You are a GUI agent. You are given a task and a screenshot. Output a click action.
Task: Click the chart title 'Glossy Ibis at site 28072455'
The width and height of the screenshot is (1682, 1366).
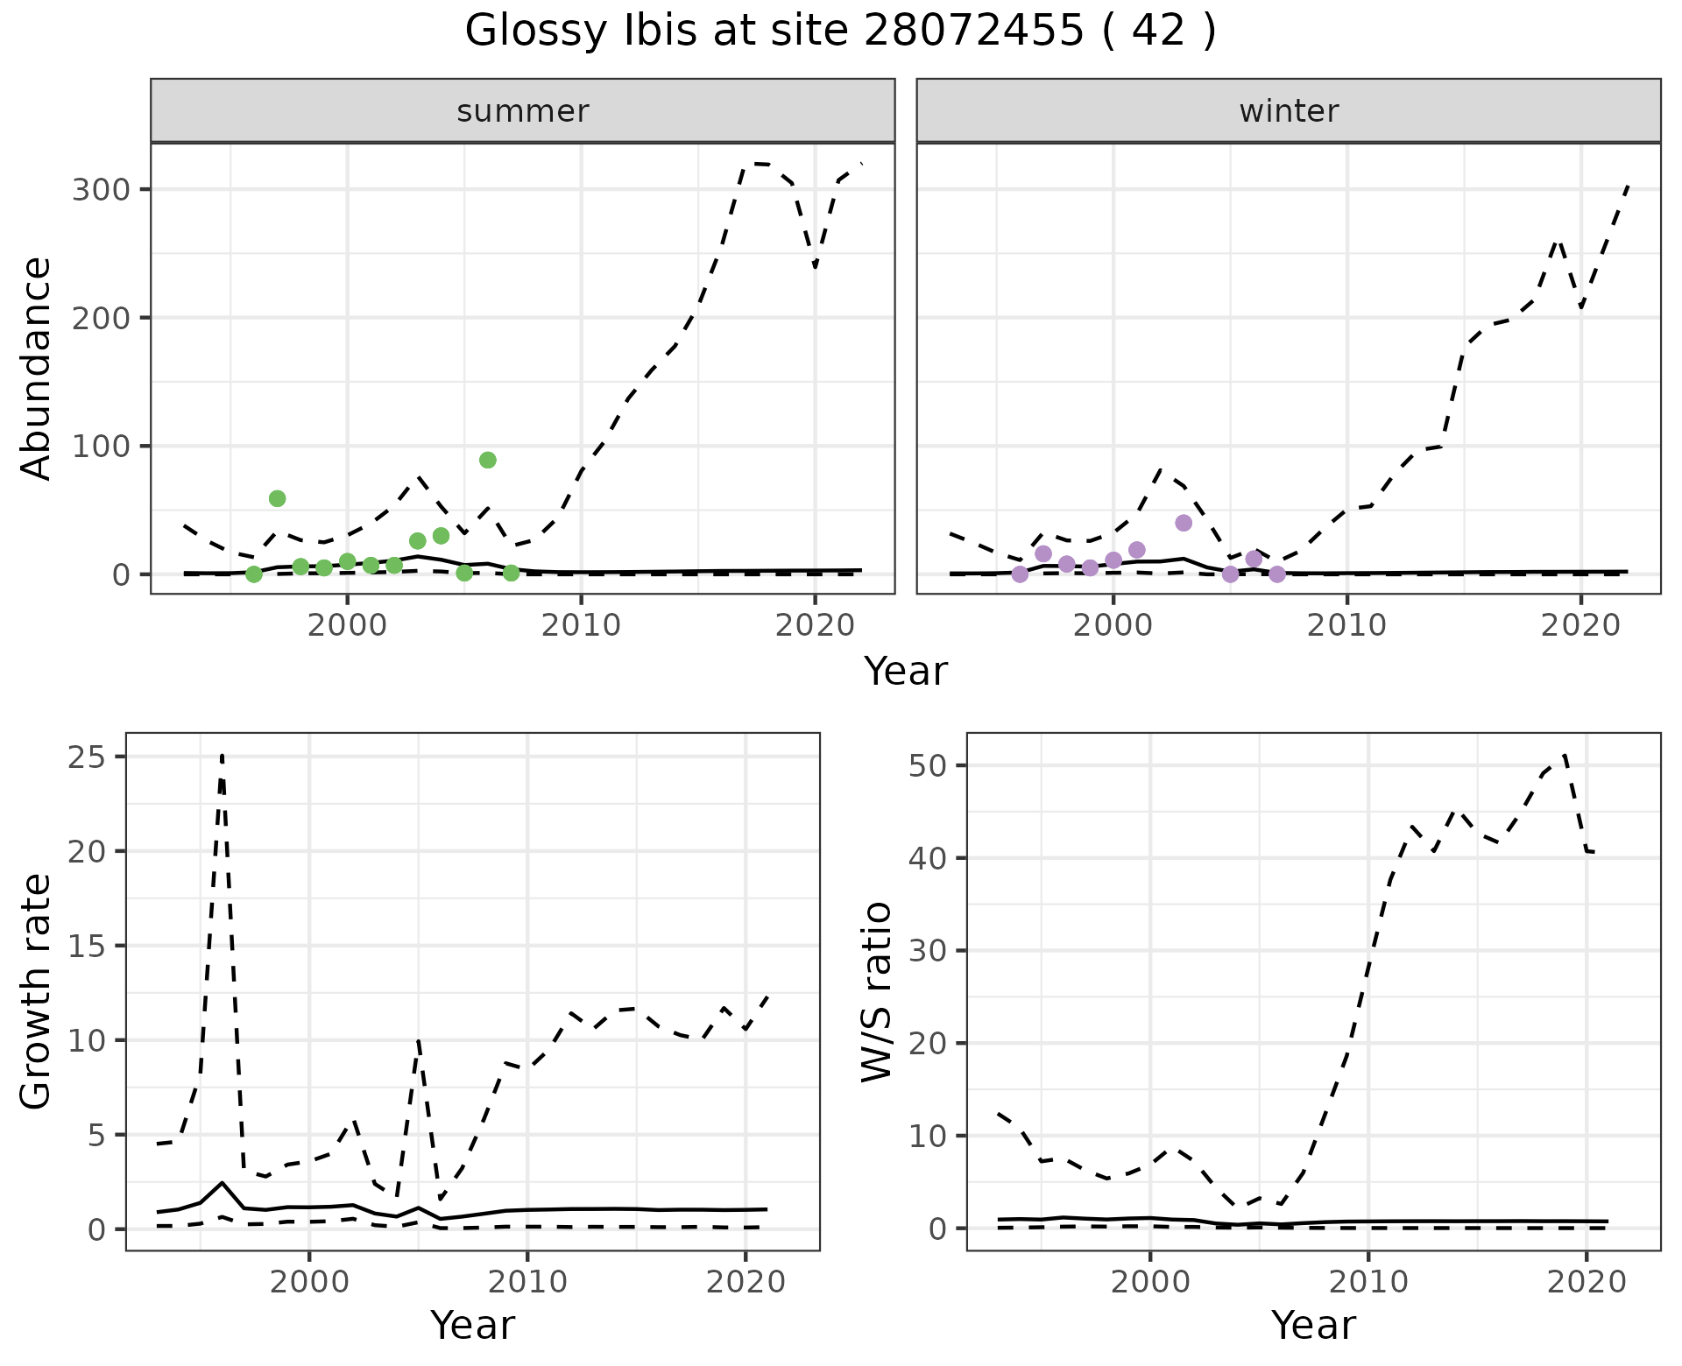[x=839, y=32]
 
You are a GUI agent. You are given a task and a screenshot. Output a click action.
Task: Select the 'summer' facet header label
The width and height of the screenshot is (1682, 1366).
[x=523, y=111]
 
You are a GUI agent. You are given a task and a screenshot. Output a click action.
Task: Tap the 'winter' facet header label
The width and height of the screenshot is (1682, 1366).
[x=1289, y=111]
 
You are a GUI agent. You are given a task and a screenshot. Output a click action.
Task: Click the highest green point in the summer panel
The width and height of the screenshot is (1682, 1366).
[x=488, y=461]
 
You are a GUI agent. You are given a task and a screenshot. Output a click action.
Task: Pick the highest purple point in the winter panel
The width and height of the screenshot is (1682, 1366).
[x=1184, y=523]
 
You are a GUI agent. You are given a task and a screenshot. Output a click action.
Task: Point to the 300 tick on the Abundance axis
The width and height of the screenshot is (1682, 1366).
[x=100, y=190]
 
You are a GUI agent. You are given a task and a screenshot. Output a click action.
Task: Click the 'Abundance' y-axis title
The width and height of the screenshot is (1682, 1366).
[x=37, y=368]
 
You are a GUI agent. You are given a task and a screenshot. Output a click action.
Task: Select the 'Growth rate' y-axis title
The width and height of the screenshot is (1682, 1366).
[x=37, y=991]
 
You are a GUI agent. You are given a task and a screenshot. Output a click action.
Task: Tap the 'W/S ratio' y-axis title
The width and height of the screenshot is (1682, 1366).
[x=877, y=991]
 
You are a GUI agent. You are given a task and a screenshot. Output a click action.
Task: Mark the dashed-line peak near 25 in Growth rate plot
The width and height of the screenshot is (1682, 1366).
[x=223, y=755]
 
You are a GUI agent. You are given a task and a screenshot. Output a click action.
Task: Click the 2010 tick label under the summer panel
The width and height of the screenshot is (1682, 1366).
[x=581, y=625]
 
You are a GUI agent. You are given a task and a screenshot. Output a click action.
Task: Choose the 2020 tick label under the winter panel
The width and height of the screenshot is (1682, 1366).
[x=1581, y=625]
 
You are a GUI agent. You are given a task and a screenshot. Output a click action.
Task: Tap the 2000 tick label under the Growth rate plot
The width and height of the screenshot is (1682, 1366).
[x=309, y=1282]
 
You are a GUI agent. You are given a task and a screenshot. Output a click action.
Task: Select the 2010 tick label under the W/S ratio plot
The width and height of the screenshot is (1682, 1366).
[x=1368, y=1282]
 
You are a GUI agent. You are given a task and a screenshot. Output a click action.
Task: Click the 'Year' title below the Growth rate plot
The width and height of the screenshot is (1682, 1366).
[x=472, y=1325]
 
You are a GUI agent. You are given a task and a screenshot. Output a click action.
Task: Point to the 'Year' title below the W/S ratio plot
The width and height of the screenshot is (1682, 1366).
[x=1313, y=1325]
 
